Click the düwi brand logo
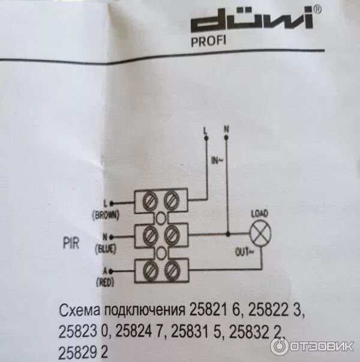[x=252, y=20]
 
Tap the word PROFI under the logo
[x=208, y=41]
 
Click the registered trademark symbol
[x=317, y=10]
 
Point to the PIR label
[x=71, y=243]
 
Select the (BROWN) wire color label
[x=106, y=215]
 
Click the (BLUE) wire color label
[x=106, y=249]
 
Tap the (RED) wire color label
[x=105, y=282]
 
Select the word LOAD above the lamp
[x=260, y=214]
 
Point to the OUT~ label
[x=244, y=252]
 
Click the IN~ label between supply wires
[x=217, y=160]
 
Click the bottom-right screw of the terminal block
[x=173, y=270]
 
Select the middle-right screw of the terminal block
[x=172, y=235]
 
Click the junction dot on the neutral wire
[x=228, y=234]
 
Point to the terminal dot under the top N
[x=226, y=137]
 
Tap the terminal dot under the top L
[x=206, y=138]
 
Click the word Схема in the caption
[x=80, y=311]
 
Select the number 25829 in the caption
[x=78, y=352]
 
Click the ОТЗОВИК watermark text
[x=322, y=346]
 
